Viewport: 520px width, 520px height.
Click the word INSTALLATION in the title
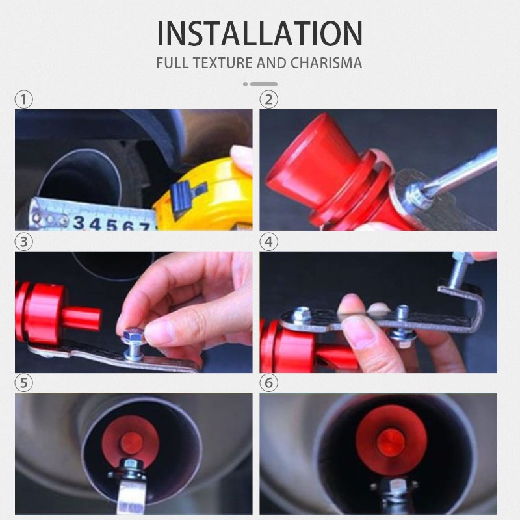[x=259, y=34]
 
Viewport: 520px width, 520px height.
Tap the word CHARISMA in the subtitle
[x=326, y=63]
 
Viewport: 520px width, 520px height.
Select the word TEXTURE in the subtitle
[x=224, y=63]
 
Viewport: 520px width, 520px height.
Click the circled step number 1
[x=24, y=99]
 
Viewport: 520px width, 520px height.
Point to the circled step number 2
[x=268, y=99]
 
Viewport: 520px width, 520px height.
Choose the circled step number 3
[x=24, y=241]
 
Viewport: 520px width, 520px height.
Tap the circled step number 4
[x=268, y=241]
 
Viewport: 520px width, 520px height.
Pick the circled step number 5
[x=24, y=383]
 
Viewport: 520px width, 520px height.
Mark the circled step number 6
[x=268, y=383]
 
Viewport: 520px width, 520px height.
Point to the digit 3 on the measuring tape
[x=79, y=222]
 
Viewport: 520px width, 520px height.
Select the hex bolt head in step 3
[x=133, y=335]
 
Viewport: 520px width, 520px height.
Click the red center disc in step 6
[x=391, y=443]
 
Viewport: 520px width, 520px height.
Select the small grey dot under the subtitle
[x=246, y=84]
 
